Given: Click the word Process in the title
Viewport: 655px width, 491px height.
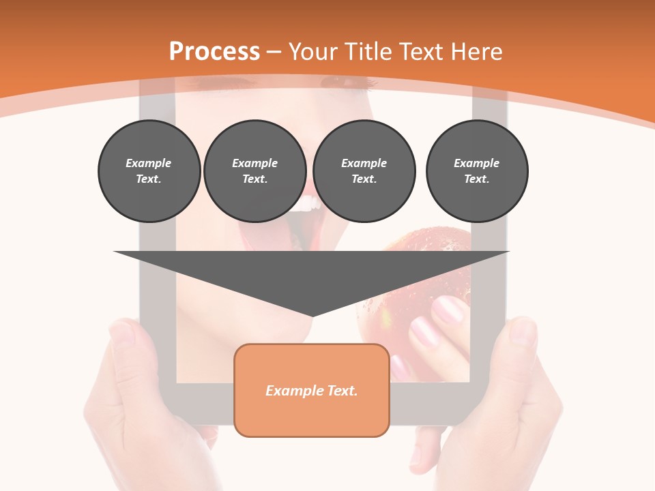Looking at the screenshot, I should point(214,52).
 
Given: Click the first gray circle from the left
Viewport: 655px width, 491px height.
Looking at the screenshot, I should point(149,171).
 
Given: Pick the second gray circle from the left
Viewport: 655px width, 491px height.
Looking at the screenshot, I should point(254,171).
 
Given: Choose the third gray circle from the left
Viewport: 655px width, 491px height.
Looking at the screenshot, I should point(364,171).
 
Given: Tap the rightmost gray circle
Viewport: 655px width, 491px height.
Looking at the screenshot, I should point(476,171).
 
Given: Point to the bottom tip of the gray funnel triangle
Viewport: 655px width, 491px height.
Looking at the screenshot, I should point(312,315).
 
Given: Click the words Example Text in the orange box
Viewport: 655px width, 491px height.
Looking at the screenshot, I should point(312,391).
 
